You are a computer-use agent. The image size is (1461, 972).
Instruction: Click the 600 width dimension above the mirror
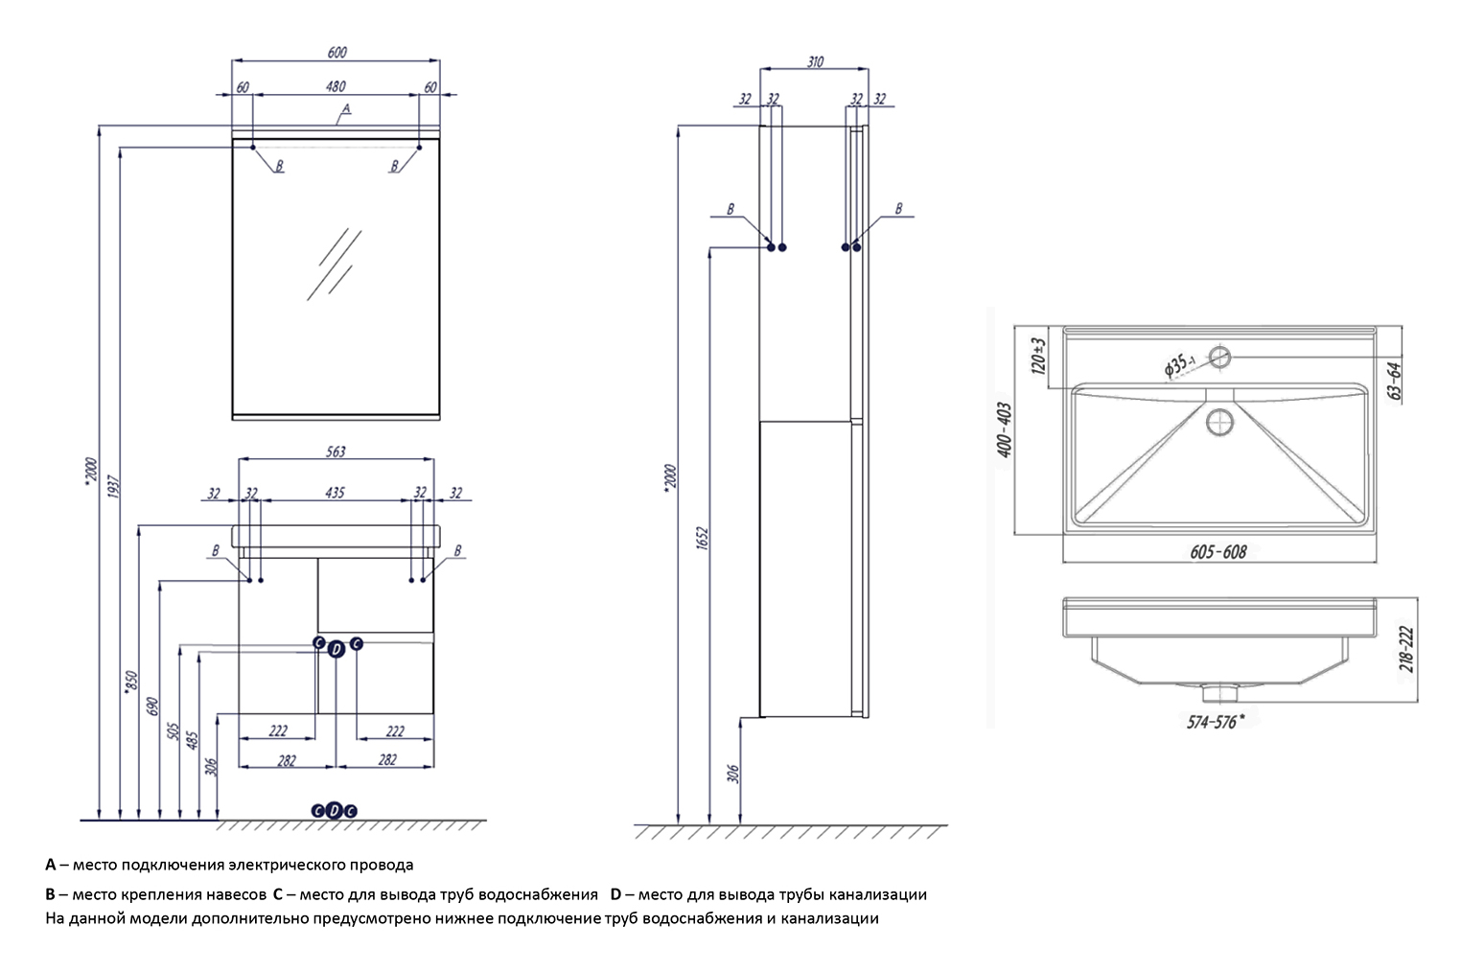[336, 52]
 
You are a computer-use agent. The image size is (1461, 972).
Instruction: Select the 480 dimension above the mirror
[336, 86]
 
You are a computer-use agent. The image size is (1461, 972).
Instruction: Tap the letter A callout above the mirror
[346, 110]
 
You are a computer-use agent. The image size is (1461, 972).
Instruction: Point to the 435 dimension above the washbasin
[336, 493]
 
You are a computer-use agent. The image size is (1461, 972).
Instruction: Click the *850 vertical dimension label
[132, 681]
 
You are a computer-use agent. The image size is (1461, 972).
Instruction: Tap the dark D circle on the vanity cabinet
[336, 650]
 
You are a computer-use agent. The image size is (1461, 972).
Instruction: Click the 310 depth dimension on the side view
[814, 61]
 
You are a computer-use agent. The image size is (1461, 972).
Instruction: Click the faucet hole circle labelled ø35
[1219, 358]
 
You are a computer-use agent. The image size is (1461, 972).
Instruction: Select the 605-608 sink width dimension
[1217, 551]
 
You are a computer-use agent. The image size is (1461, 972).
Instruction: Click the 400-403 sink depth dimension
[1005, 429]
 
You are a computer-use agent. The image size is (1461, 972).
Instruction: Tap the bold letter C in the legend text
[277, 894]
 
